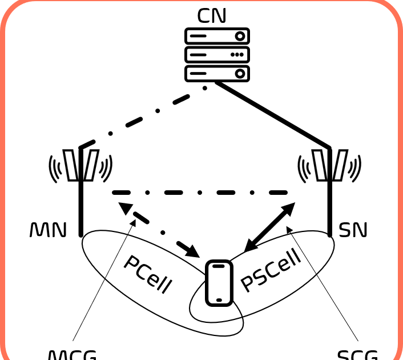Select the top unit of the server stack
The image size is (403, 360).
coord(217,37)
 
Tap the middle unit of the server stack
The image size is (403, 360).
coord(217,55)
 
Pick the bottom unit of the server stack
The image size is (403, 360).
coord(217,73)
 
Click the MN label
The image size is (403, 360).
coord(48,230)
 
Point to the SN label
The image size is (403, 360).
coord(353,230)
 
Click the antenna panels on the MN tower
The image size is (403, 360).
coord(80,165)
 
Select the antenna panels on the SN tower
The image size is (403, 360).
coord(329,165)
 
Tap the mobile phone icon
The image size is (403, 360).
coord(219,283)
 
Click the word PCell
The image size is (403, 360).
coord(148,274)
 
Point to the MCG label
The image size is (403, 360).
coord(71,354)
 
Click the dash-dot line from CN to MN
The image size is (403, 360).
coord(143,118)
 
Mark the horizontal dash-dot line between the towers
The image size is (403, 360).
coord(200,193)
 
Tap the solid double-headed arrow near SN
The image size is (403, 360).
coord(269,227)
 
